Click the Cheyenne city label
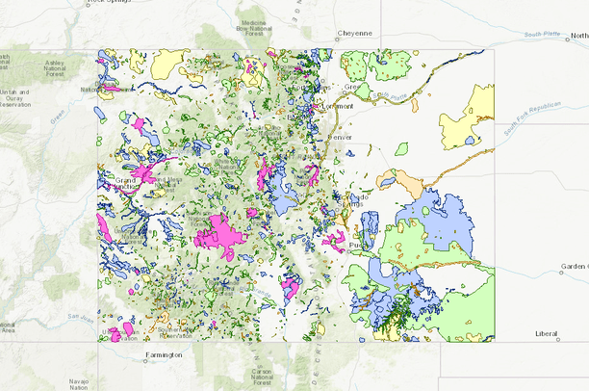(354, 33)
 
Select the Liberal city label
(546, 333)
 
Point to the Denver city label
(341, 137)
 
